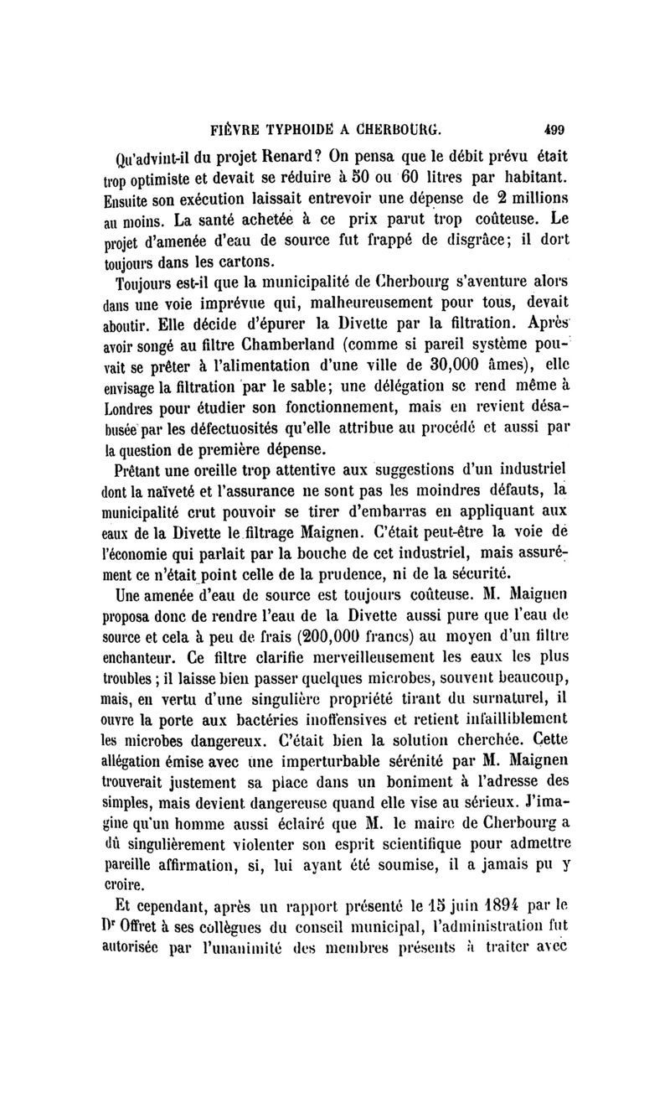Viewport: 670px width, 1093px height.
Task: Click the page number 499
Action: coord(554,130)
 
